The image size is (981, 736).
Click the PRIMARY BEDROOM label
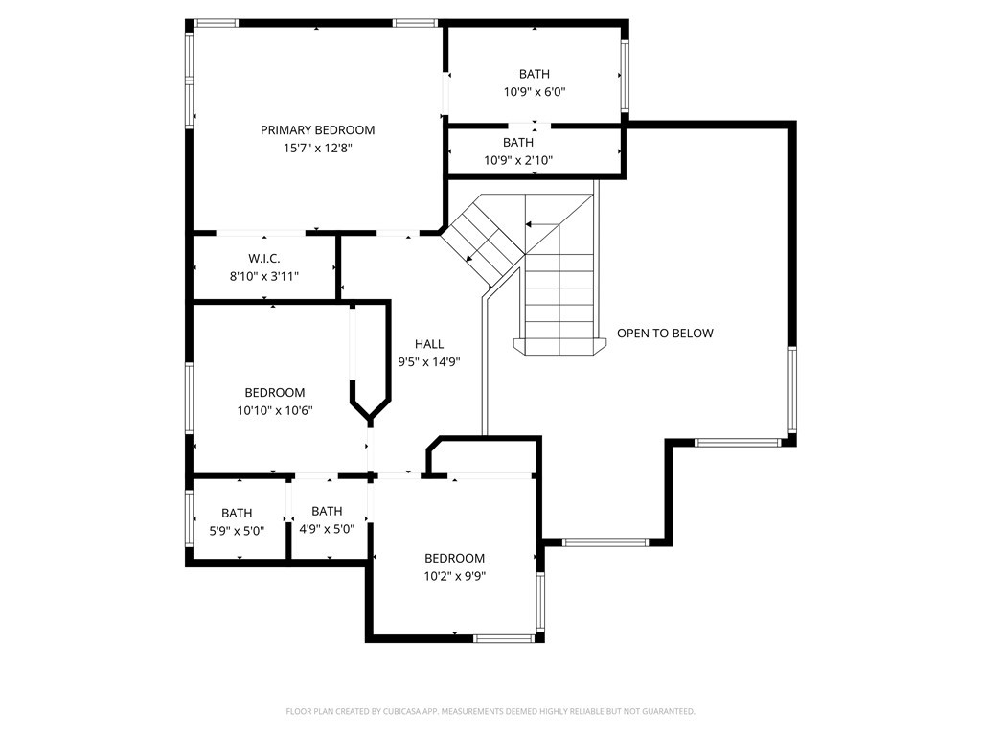pos(317,130)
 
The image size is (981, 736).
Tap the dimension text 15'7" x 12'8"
pos(318,149)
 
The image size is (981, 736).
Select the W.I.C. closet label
pos(264,259)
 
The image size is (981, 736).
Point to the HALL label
pos(429,344)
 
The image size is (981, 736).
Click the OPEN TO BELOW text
pos(665,333)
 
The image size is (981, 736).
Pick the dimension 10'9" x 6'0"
pos(535,92)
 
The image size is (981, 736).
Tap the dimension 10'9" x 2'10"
pos(518,160)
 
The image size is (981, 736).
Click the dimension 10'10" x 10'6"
pos(275,410)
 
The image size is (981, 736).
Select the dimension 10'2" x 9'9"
pos(455,576)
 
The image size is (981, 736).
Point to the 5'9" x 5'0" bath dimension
pos(237,531)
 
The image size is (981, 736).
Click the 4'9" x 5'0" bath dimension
pos(327,529)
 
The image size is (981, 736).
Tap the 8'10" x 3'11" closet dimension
pos(264,276)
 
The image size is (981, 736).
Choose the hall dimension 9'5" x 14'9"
pos(429,361)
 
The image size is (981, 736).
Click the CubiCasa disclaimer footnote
pos(490,711)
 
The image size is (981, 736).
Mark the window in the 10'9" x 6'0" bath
pos(625,75)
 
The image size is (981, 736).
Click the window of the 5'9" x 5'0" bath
pos(190,518)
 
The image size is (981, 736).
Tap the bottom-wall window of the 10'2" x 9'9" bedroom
pos(504,638)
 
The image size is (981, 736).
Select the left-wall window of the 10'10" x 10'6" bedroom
pos(190,398)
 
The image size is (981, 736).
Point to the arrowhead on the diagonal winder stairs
pos(469,258)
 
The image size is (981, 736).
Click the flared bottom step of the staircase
pos(559,346)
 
